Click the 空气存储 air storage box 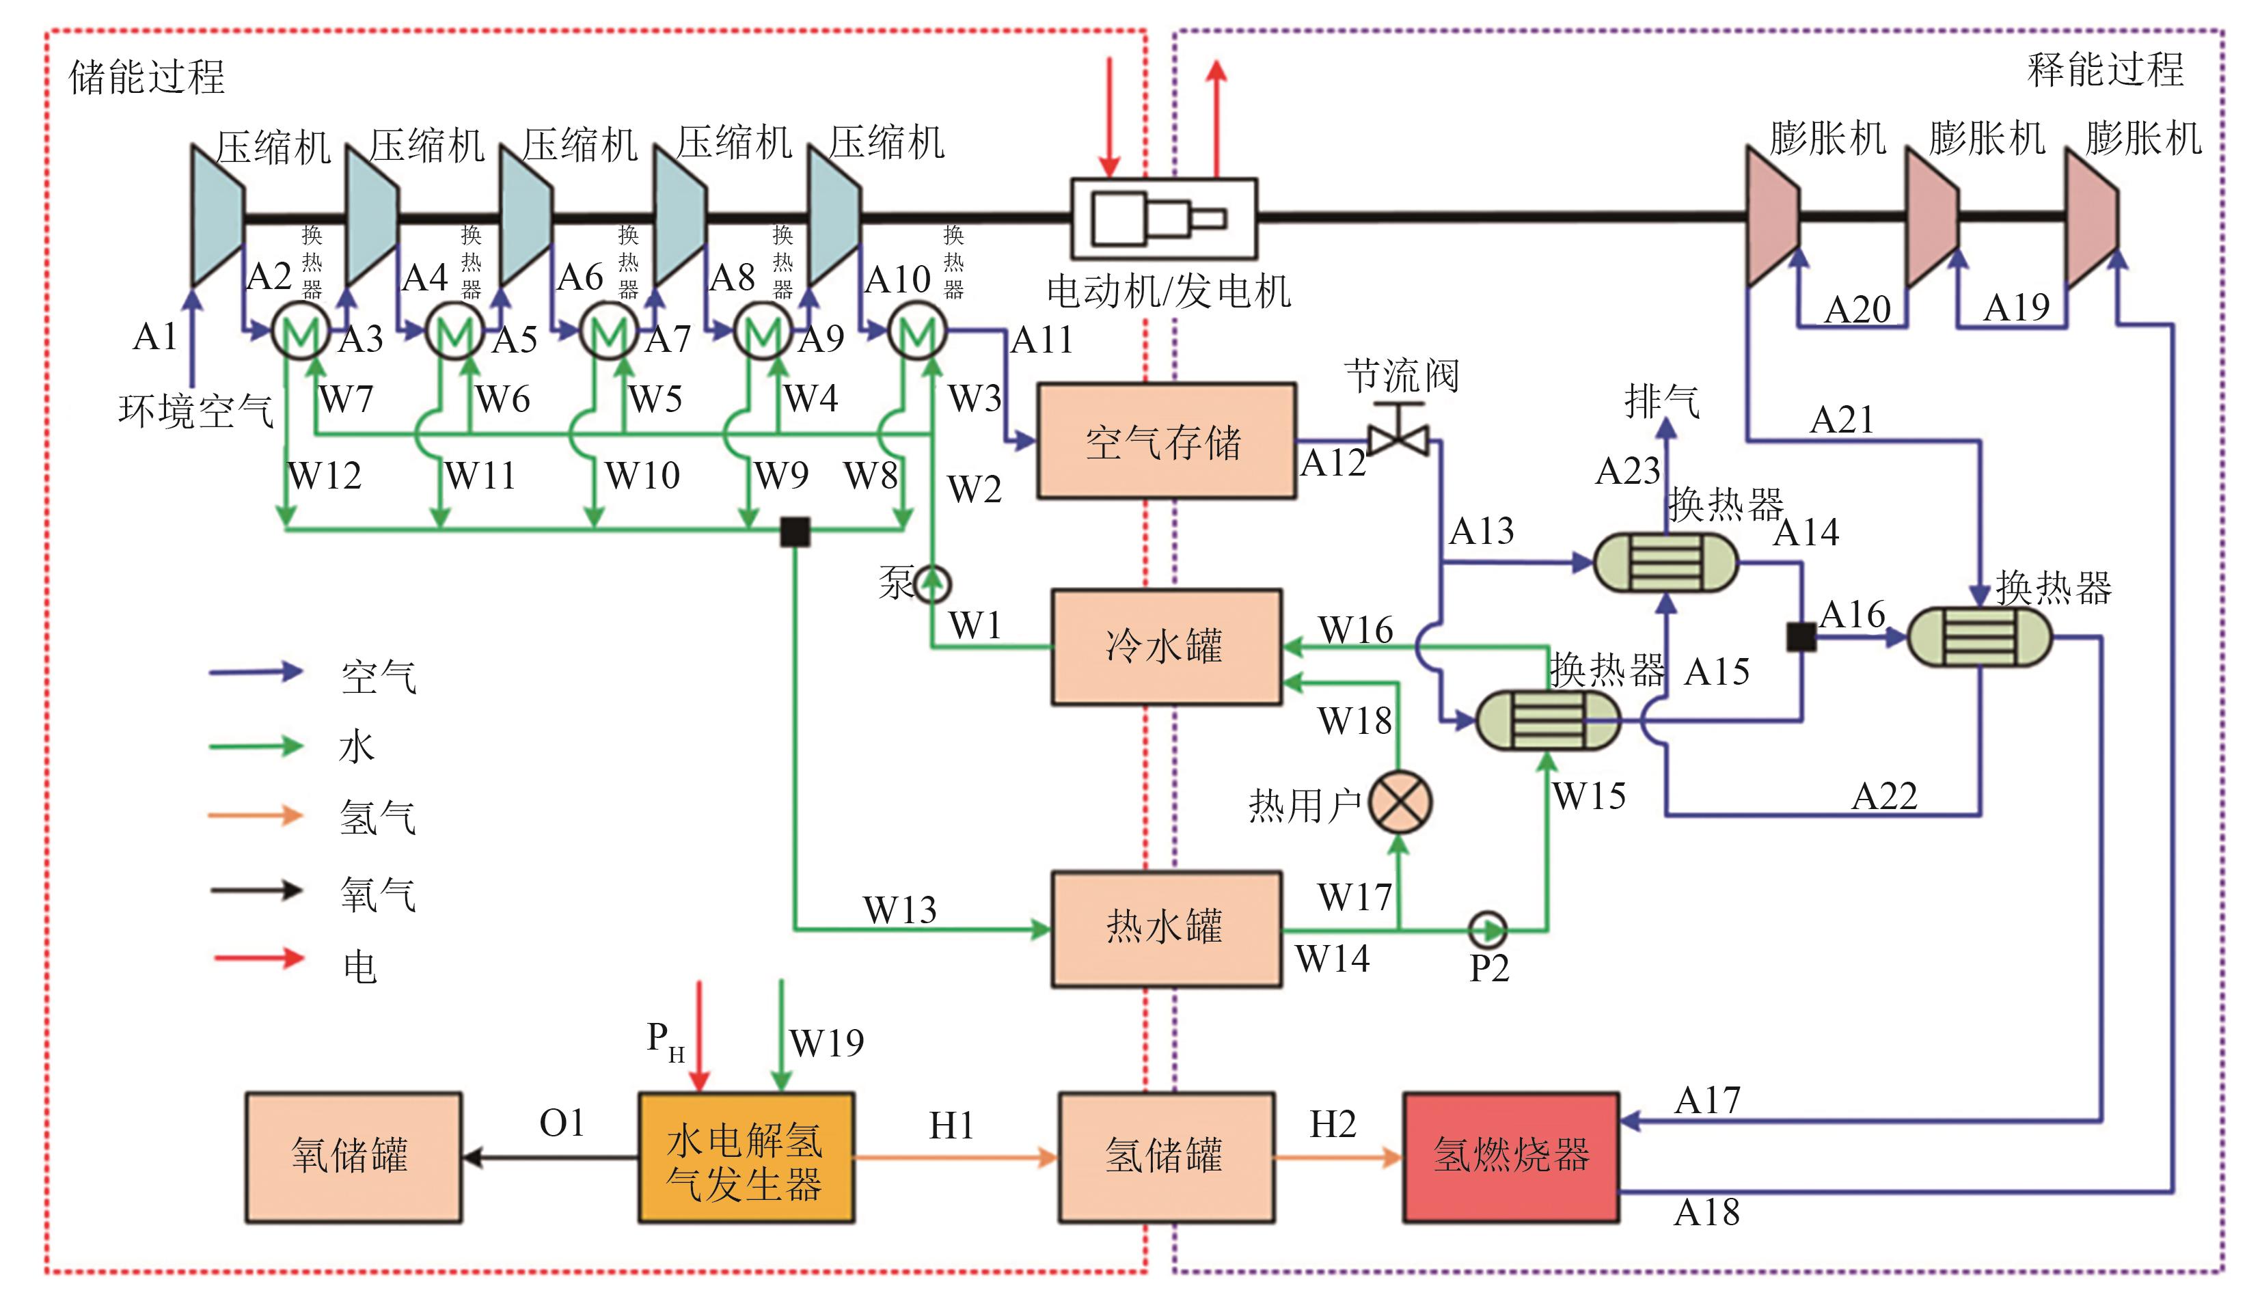tap(1165, 441)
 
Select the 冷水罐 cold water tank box tap(1165, 646)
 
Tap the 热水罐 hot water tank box tap(1165, 928)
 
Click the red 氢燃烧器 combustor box tap(1510, 1156)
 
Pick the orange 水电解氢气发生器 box tap(746, 1157)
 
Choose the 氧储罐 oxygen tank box tap(353, 1157)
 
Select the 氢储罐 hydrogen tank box tap(1165, 1157)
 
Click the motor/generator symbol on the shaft tap(1163, 218)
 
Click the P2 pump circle tap(1488, 929)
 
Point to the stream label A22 tap(1884, 796)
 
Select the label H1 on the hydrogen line tap(951, 1125)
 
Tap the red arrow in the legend tap(258, 958)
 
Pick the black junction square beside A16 tap(1801, 637)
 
